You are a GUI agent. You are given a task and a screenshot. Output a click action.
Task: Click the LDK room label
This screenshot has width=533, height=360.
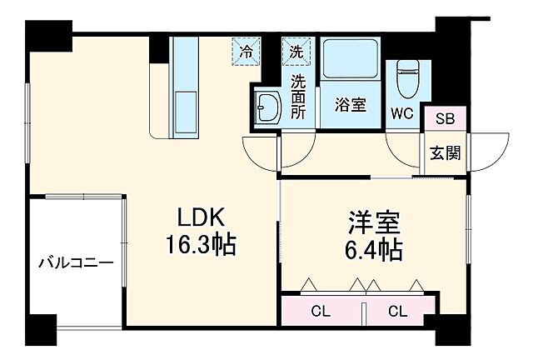[x=200, y=217]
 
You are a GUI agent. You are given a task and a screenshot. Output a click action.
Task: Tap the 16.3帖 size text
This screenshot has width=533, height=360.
[x=200, y=245]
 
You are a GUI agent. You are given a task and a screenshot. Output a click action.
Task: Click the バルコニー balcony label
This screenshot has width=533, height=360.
[x=75, y=264]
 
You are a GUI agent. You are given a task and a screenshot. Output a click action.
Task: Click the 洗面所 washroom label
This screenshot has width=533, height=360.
[x=297, y=97]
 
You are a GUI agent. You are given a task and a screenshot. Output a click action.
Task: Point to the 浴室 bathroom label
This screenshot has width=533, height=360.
[x=351, y=105]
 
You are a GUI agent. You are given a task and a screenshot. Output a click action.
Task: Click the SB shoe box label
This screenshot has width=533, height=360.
[x=445, y=119]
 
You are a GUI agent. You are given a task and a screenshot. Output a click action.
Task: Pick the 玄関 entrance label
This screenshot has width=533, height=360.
[x=445, y=153]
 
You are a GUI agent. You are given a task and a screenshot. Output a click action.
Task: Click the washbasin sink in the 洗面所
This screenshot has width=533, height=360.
[x=269, y=108]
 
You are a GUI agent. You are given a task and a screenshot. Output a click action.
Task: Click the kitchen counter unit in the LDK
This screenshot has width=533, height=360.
[x=182, y=87]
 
